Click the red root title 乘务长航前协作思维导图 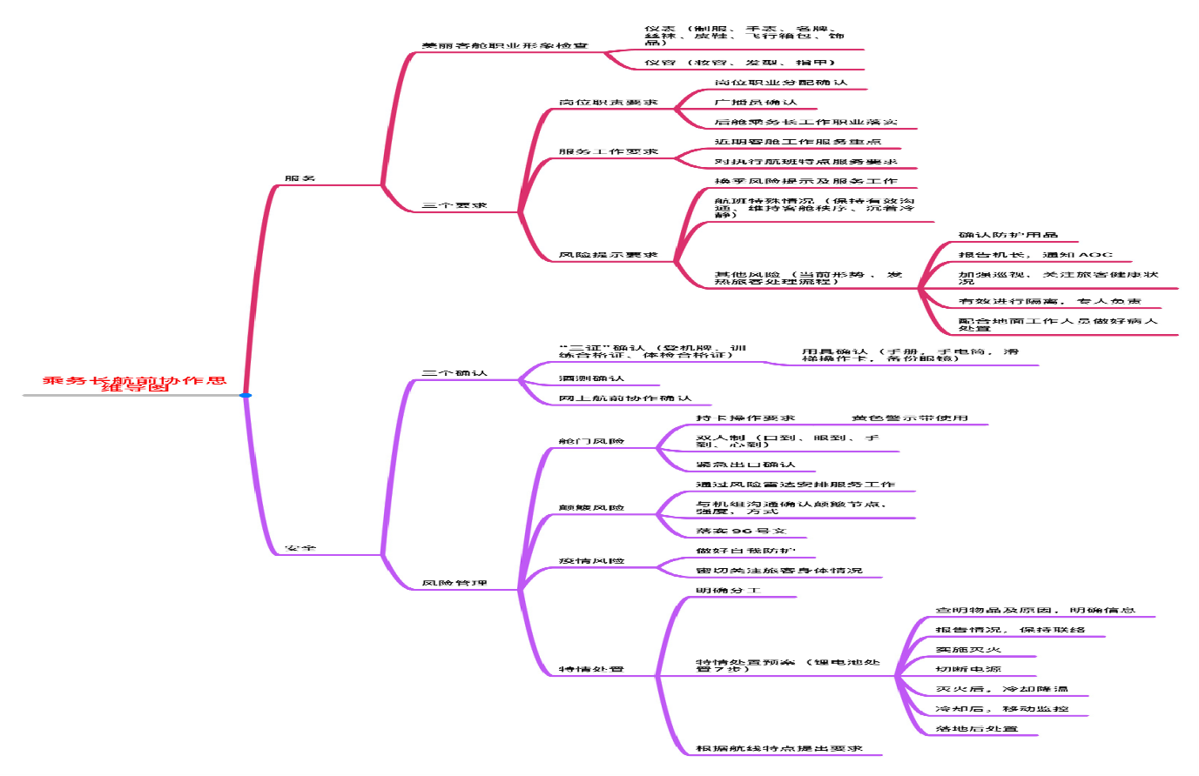(134, 384)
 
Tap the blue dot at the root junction (246, 396)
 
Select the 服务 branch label (300, 178)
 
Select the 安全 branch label (300, 549)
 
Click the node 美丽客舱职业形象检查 (504, 45)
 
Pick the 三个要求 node (454, 205)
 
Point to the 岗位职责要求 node (608, 103)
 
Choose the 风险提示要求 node (608, 255)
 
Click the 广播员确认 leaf (755, 103)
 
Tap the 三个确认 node (454, 373)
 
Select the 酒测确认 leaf (591, 378)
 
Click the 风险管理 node (454, 583)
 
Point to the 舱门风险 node (591, 441)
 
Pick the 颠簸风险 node (591, 507)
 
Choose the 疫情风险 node (591, 561)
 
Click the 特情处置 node (591, 669)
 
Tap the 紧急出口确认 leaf (745, 465)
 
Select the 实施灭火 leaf (968, 650)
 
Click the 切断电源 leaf (968, 669)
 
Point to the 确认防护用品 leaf (1008, 235)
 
